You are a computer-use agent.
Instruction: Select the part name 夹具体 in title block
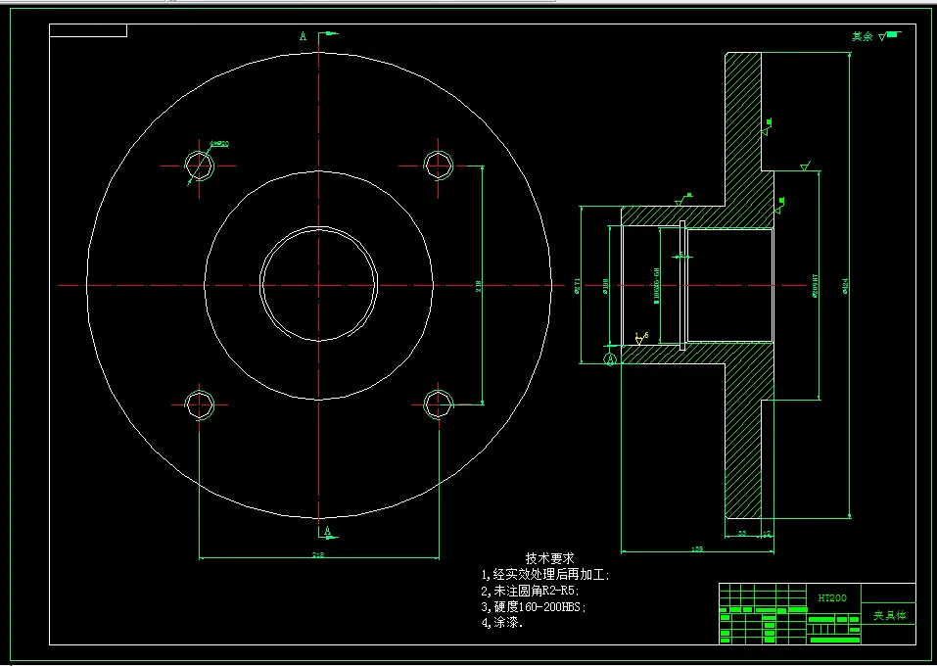point(889,616)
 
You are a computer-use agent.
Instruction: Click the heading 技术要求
point(549,557)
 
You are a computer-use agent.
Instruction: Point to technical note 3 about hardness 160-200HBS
point(534,607)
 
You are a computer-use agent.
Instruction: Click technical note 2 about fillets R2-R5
point(530,591)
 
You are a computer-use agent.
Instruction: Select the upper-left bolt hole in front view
point(200,165)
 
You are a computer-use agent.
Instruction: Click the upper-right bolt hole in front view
point(437,165)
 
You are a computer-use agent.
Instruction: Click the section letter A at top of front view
point(304,36)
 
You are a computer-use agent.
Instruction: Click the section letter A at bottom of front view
point(328,532)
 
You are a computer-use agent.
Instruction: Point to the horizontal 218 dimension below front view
point(318,555)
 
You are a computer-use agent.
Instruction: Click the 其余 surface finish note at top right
point(862,36)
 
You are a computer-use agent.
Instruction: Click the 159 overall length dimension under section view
point(696,549)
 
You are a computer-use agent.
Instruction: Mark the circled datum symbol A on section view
point(610,359)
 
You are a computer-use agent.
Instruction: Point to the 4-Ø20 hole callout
point(219,144)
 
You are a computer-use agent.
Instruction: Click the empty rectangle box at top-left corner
point(88,30)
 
